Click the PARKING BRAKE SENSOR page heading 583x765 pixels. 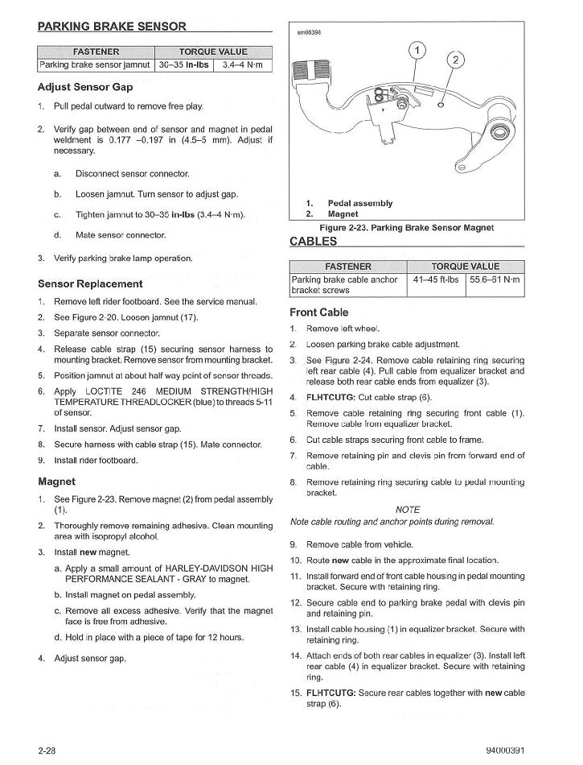(x=112, y=27)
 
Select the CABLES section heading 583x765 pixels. (x=313, y=241)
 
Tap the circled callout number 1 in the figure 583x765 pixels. (x=419, y=53)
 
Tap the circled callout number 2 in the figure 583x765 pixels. (x=455, y=61)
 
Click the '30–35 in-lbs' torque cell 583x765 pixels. (x=184, y=64)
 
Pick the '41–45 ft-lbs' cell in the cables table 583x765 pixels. (x=437, y=279)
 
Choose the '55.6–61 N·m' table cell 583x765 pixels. (x=495, y=279)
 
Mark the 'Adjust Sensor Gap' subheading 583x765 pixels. (x=85, y=87)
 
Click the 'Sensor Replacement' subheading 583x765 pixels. (x=90, y=283)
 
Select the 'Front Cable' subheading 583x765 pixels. (x=319, y=312)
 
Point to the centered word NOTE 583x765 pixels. (x=408, y=510)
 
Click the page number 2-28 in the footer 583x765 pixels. (x=46, y=751)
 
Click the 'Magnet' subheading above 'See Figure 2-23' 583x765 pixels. (x=56, y=482)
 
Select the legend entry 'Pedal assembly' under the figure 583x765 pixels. (x=359, y=204)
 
